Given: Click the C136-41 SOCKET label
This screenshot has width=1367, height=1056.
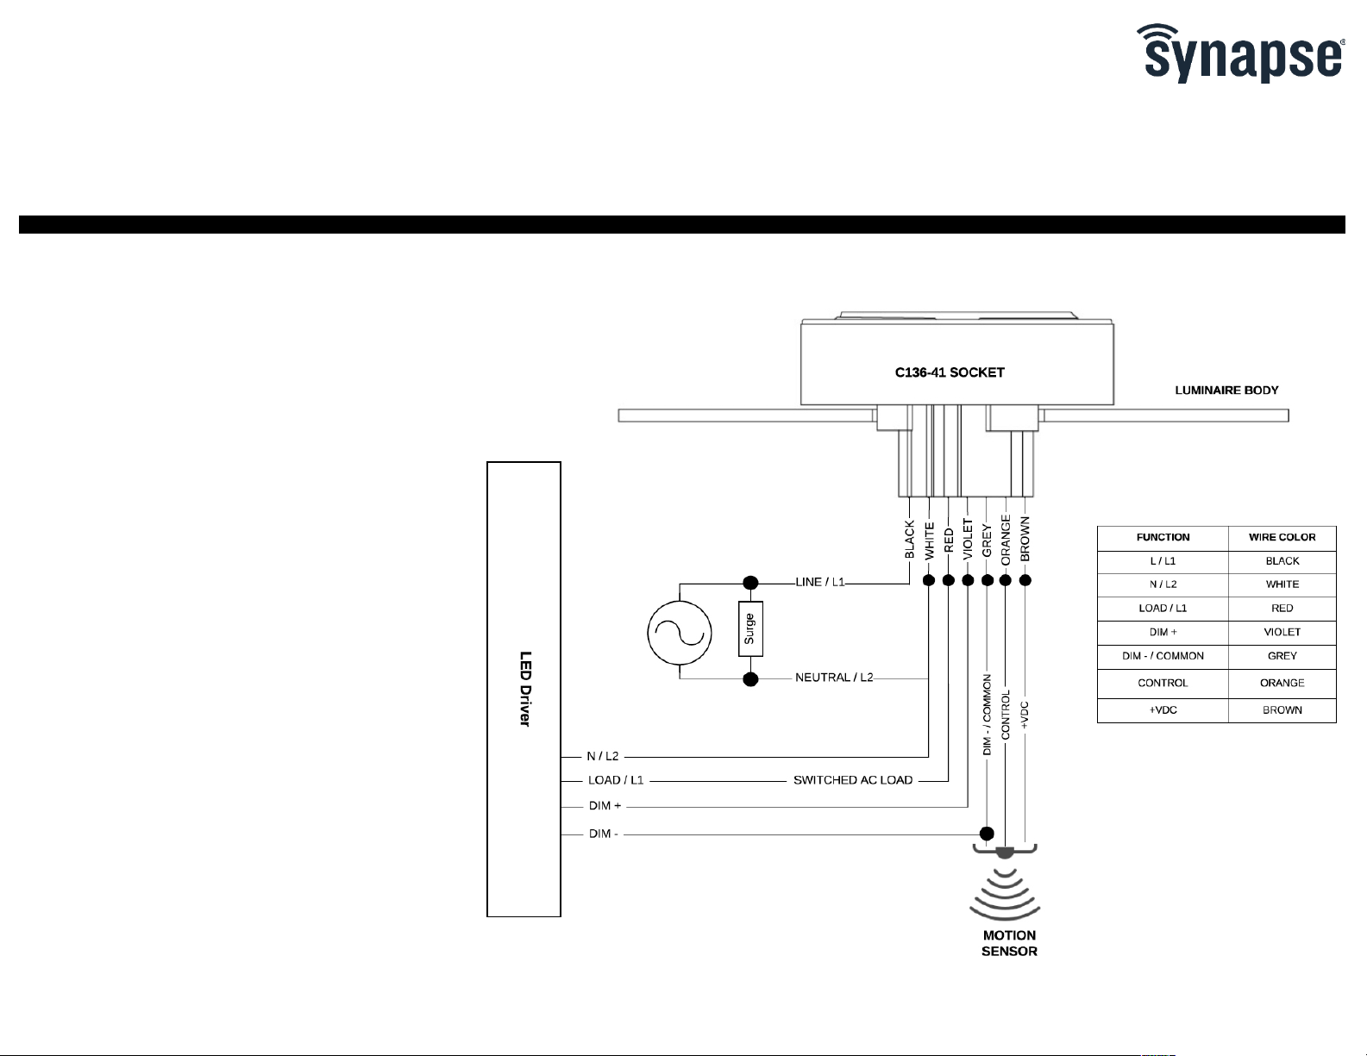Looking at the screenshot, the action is pos(950,372).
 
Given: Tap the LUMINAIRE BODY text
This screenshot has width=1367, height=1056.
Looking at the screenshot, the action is pos(1226,391).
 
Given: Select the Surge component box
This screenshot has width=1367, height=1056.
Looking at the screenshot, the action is pos(750,628).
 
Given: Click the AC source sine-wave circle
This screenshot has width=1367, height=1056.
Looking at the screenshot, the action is pos(680,634).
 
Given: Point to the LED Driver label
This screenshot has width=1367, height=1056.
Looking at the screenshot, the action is pos(524,689).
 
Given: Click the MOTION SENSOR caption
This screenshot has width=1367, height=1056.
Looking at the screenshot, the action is pos(1009,943).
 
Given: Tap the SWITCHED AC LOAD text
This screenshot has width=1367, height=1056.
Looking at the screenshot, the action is pos(852,780).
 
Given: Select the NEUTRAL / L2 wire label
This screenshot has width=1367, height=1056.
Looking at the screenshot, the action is pos(834,678).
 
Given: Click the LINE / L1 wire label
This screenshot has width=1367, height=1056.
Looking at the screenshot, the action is pos(819,582).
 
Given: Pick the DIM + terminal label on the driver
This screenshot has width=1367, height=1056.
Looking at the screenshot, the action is pos(605,806).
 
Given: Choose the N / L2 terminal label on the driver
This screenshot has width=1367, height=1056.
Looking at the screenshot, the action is pos(603,756).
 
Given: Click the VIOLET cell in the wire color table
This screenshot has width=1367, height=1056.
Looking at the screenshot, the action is pos(1282,632).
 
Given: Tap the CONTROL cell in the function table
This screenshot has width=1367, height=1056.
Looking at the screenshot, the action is pos(1163,683).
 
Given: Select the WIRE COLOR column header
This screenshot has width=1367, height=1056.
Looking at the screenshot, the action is pos(1282,537).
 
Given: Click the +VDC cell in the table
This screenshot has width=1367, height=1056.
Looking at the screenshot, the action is pos(1163,710).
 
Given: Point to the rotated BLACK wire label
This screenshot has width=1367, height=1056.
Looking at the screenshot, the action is pos(909,539).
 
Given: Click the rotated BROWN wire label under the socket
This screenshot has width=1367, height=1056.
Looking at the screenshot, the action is pos(1025,539).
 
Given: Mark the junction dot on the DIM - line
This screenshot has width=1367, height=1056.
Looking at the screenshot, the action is pos(988,834).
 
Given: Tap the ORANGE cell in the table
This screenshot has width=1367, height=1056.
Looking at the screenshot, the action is pos(1282,683).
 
